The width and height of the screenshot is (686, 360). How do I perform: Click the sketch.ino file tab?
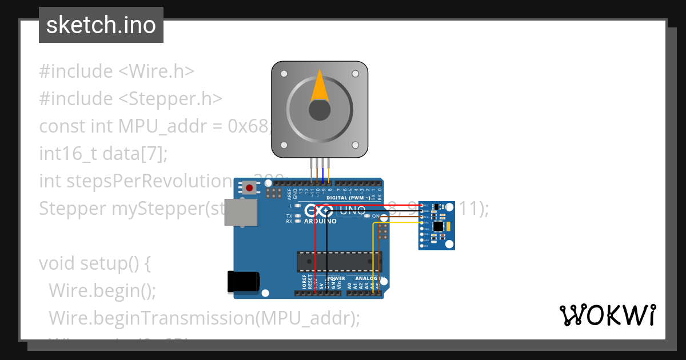pos(101,25)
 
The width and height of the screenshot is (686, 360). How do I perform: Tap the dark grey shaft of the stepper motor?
pos(320,110)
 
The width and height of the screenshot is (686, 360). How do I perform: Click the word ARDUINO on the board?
pos(320,222)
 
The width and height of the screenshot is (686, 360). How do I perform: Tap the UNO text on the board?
pos(353,210)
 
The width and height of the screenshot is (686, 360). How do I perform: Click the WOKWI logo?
pos(607,315)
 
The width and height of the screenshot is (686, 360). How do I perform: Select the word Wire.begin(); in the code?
pos(102,291)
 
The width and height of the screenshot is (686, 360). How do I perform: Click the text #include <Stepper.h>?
pos(130,99)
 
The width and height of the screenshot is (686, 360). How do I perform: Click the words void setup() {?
pos(94,263)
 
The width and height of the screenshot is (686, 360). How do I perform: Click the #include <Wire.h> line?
pos(117,71)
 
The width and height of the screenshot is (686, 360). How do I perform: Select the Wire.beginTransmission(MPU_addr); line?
pos(204,318)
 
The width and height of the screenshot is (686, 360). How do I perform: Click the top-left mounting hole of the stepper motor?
pos(284,74)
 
